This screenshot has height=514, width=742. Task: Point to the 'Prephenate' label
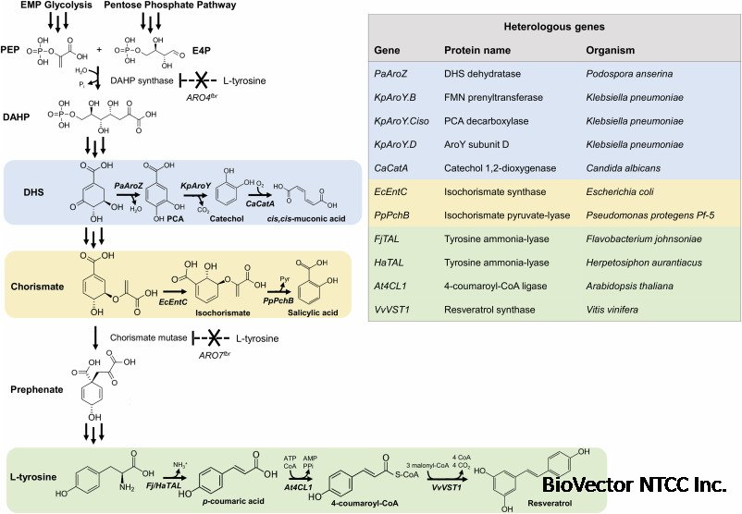(38, 390)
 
